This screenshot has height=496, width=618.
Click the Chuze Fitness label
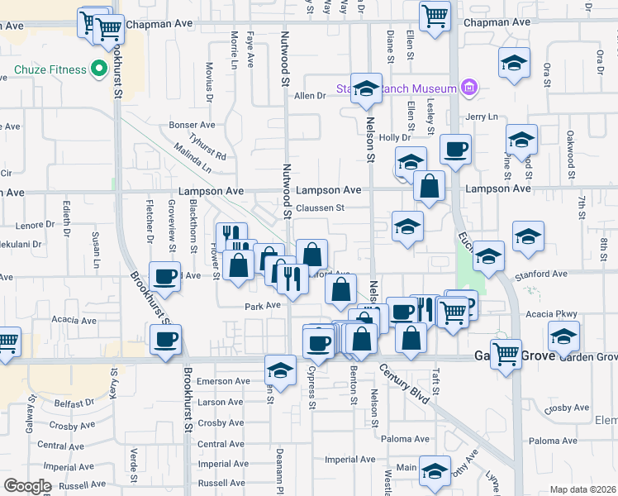coord(50,69)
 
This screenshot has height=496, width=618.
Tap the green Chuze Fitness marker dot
coord(99,69)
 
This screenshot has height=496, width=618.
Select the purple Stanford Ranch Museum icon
coord(469,88)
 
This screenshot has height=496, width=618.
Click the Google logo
coord(27,486)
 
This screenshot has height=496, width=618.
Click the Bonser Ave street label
coord(192,125)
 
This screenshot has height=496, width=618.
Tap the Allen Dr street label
coord(311,96)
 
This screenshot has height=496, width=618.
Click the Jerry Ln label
coord(484,117)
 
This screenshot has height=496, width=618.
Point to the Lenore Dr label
coord(34,224)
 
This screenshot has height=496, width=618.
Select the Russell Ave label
coord(221,483)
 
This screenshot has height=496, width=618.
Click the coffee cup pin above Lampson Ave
coord(455,150)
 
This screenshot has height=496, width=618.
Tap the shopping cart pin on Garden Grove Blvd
coord(505,354)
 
